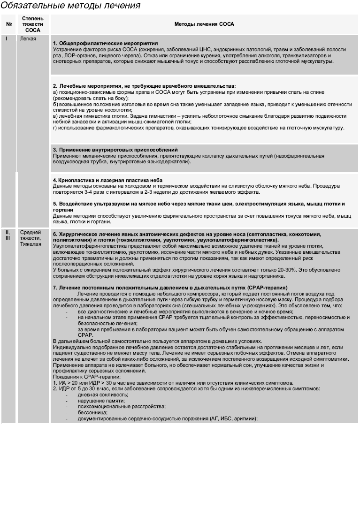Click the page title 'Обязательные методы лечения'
coord(70,6)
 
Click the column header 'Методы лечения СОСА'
coord(204,24)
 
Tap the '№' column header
coord(8,24)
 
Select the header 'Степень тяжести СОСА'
coord(33,24)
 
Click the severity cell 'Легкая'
coord(28,39)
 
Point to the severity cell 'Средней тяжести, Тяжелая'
coord(31,238)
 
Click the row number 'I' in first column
coord(7,39)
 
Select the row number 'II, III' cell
coord(8,235)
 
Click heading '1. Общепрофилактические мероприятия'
coord(105,43)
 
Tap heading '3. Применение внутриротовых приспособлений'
coord(115,150)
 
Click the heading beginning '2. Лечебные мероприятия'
coord(144,86)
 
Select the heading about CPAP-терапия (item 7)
coord(170,287)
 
